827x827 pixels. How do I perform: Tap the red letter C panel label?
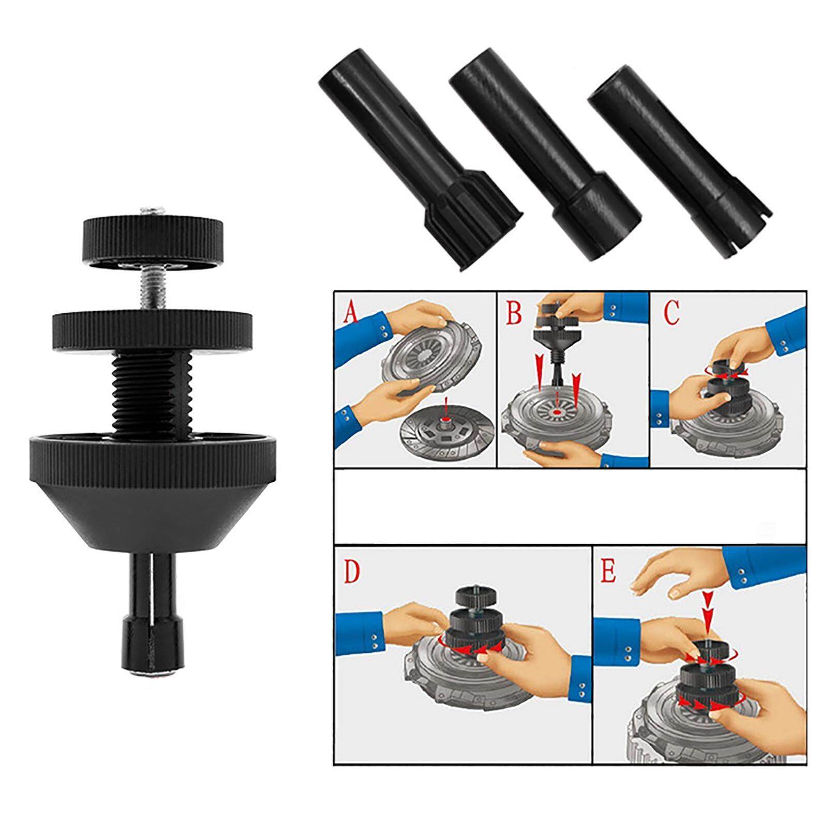(670, 312)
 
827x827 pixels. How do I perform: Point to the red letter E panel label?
(608, 573)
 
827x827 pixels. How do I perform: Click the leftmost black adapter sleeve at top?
(419, 165)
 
